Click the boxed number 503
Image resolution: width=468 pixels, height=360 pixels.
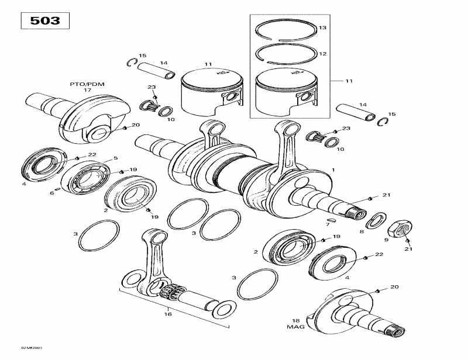(x=45, y=20)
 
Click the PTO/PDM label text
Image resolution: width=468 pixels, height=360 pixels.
(x=87, y=84)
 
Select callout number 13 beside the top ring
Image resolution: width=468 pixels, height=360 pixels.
(x=322, y=28)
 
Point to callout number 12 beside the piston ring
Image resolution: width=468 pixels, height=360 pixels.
(x=322, y=54)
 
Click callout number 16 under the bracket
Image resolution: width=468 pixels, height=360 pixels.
(x=168, y=314)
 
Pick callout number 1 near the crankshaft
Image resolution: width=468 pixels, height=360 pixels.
(x=333, y=169)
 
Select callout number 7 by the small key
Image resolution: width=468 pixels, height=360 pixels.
(x=328, y=224)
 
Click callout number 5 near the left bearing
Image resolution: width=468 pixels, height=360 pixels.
(x=115, y=158)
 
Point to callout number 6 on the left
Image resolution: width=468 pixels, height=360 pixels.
(x=51, y=193)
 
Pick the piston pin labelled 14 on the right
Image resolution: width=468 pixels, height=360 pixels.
(x=356, y=112)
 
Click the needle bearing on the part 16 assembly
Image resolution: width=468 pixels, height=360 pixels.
(x=172, y=290)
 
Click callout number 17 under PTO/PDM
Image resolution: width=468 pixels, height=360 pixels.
(x=87, y=91)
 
